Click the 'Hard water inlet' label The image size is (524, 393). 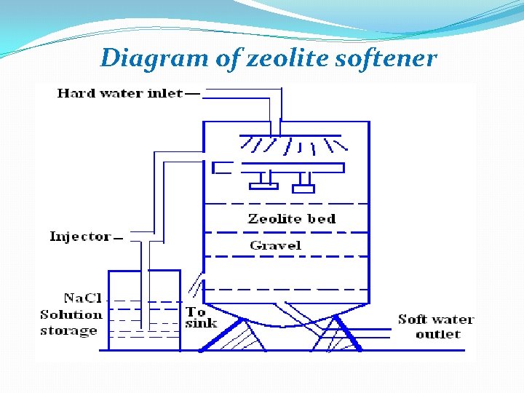[119, 93]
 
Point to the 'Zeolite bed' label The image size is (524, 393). [292, 218]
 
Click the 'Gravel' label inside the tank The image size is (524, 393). [275, 245]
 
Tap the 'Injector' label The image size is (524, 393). [80, 236]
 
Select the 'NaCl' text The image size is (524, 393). [82, 298]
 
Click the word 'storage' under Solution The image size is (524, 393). [68, 330]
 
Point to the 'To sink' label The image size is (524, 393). [201, 317]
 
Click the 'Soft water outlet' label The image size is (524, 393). [435, 327]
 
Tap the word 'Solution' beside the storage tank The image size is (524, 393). [71, 314]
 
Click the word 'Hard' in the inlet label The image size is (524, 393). [75, 93]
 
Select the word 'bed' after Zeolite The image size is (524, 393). [322, 218]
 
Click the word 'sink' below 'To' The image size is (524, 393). [201, 323]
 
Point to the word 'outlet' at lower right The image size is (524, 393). [437, 334]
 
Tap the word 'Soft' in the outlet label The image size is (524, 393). [413, 319]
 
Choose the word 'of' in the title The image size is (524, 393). [226, 57]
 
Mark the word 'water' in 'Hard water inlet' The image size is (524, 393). [121, 93]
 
